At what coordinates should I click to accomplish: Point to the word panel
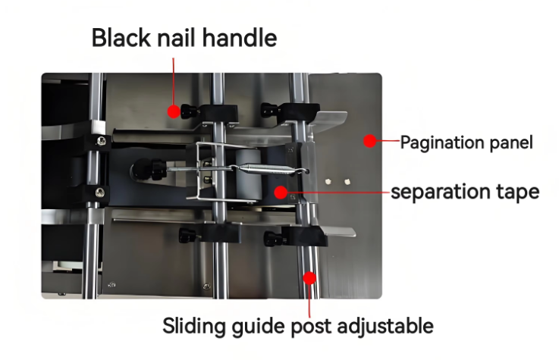tap(512, 142)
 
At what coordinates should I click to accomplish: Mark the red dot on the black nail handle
tap(174, 112)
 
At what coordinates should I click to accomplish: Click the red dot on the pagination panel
tap(369, 141)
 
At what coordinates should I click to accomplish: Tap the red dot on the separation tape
tap(281, 193)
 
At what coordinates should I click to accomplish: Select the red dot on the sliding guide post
tap(309, 278)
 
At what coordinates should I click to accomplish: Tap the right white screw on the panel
tap(347, 181)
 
